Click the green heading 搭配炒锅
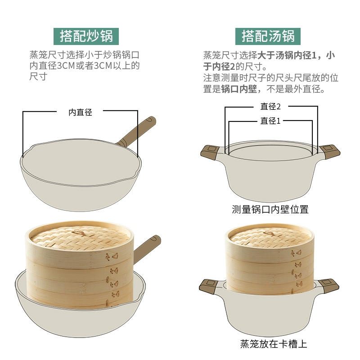pyautogui.click(x=86, y=36)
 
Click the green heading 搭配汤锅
pyautogui.click(x=268, y=36)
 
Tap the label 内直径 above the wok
pyautogui.click(x=81, y=112)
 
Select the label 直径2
pyautogui.click(x=270, y=107)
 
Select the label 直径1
pyautogui.click(x=270, y=121)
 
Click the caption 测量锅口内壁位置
pyautogui.click(x=270, y=209)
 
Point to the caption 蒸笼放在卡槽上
pyautogui.click(x=274, y=344)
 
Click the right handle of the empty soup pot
pyautogui.click(x=330, y=152)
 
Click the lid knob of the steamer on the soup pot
pyautogui.click(x=269, y=234)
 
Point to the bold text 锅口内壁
pyautogui.click(x=239, y=89)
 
